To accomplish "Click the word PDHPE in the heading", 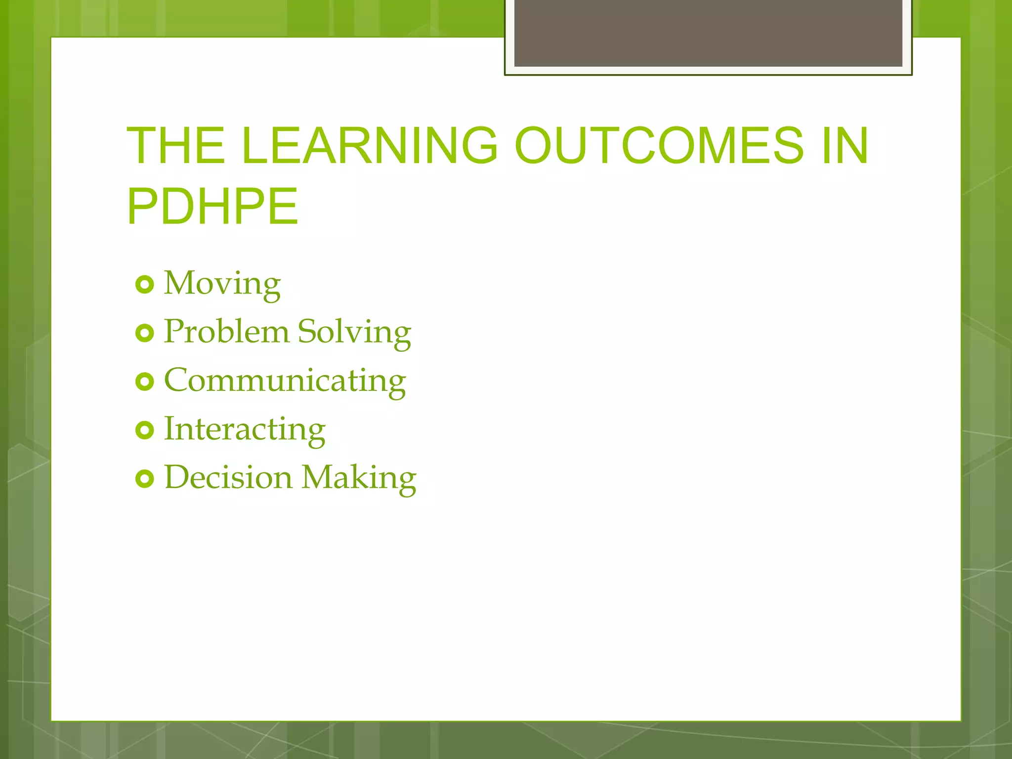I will [212, 207].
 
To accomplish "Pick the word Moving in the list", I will [222, 284].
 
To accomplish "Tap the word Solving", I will [354, 332].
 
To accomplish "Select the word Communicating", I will [285, 380].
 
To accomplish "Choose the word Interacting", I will [245, 429].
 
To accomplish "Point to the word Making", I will [359, 478].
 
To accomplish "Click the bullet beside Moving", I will [144, 285].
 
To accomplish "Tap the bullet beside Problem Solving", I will [144, 334].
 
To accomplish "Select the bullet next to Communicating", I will [144, 382].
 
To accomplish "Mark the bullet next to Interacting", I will [144, 430].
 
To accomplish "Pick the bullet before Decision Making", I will [144, 479].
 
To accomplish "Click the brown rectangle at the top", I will [708, 33].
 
